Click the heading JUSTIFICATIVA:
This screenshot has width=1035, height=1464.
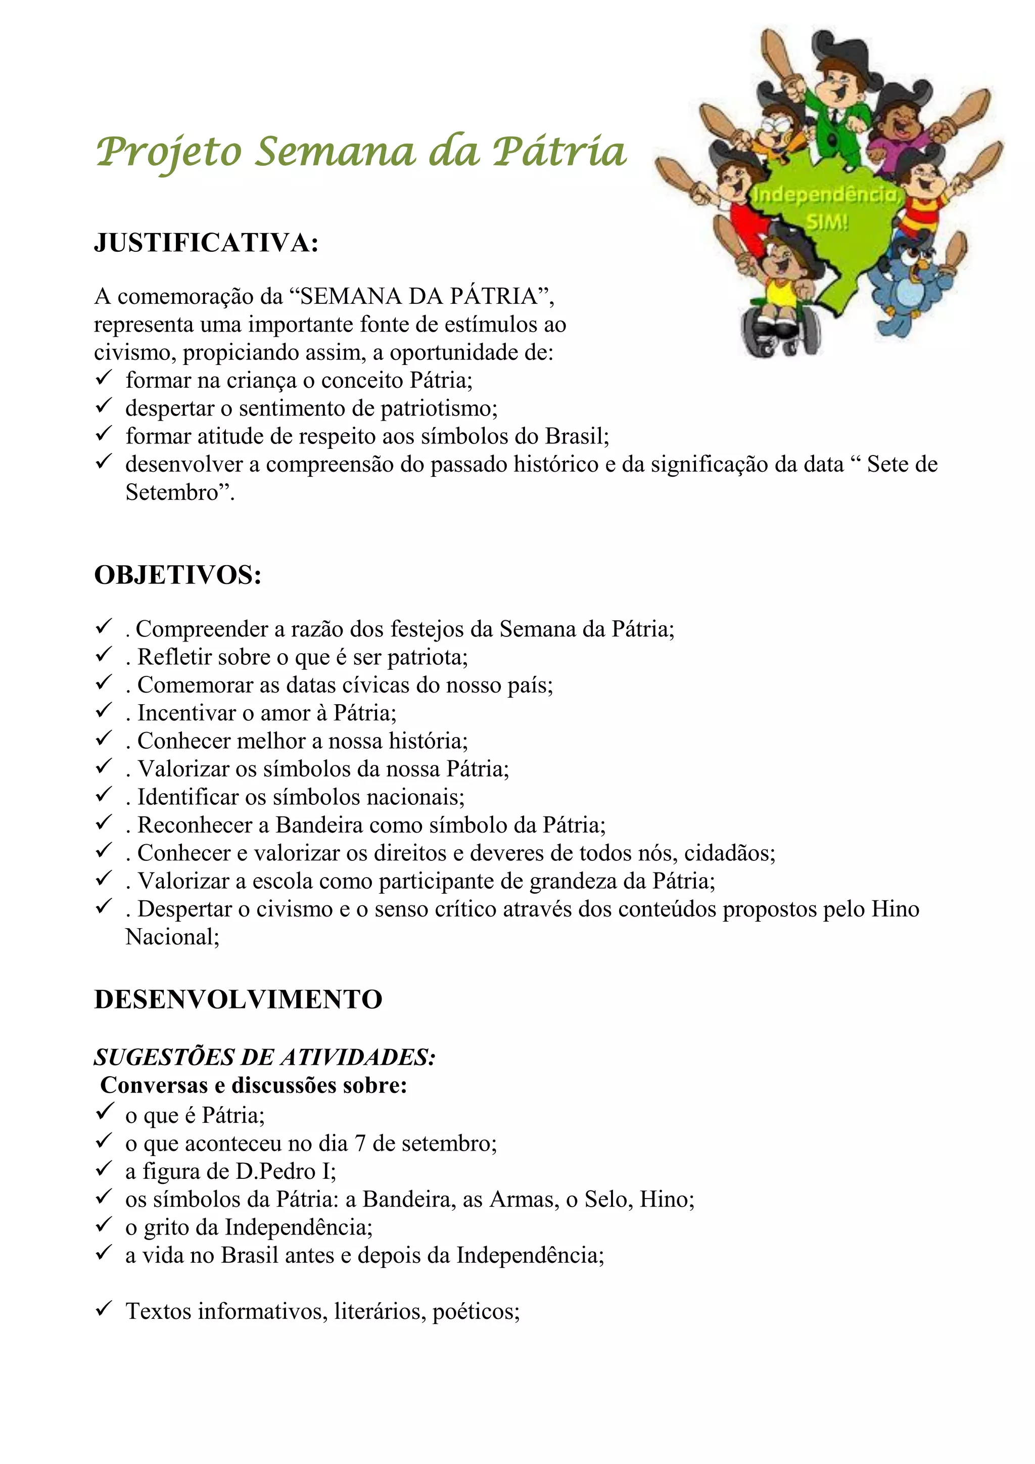coord(206,243)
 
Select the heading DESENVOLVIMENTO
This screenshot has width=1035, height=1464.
coord(238,999)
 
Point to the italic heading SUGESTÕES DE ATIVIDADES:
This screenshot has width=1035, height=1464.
coord(264,1057)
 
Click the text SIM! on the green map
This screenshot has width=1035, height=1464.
coord(827,222)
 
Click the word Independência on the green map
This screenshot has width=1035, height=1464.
coord(825,195)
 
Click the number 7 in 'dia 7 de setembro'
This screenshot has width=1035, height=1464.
coord(360,1143)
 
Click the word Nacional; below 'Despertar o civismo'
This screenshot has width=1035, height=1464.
coord(172,937)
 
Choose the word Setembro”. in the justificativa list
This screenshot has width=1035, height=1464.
coord(180,492)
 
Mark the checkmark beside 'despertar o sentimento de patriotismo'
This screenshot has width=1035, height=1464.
coord(104,405)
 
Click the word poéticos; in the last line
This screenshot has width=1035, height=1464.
coord(476,1312)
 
